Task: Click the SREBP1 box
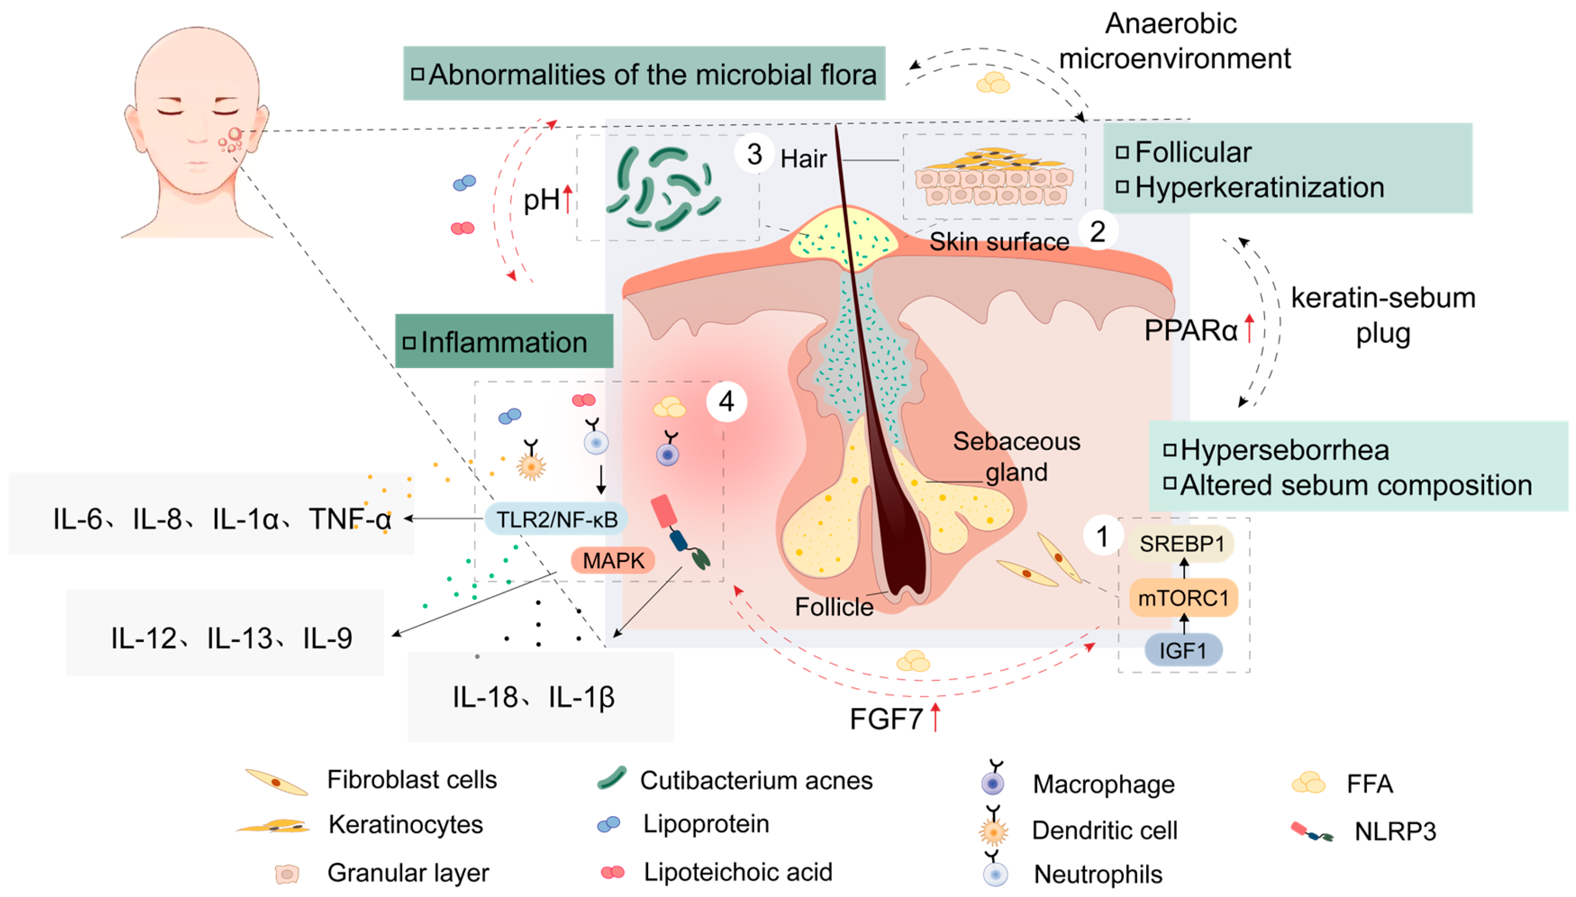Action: [x=1181, y=544]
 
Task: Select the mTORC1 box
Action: [x=1183, y=597]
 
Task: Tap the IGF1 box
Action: [x=1183, y=650]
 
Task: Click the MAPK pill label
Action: [x=613, y=561]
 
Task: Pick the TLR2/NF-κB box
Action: [x=556, y=519]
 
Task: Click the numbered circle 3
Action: [x=754, y=154]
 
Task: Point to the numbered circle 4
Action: [x=726, y=402]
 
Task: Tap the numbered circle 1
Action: [x=1102, y=536]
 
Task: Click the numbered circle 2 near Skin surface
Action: [x=1097, y=232]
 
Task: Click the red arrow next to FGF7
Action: [x=935, y=717]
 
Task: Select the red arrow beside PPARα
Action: [x=1249, y=328]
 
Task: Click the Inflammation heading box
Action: [x=504, y=342]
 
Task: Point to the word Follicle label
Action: [x=834, y=607]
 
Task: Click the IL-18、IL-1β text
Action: [x=533, y=697]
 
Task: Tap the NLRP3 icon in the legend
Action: [x=1312, y=832]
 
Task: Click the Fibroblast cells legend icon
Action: [x=276, y=782]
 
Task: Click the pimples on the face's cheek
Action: [x=232, y=140]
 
